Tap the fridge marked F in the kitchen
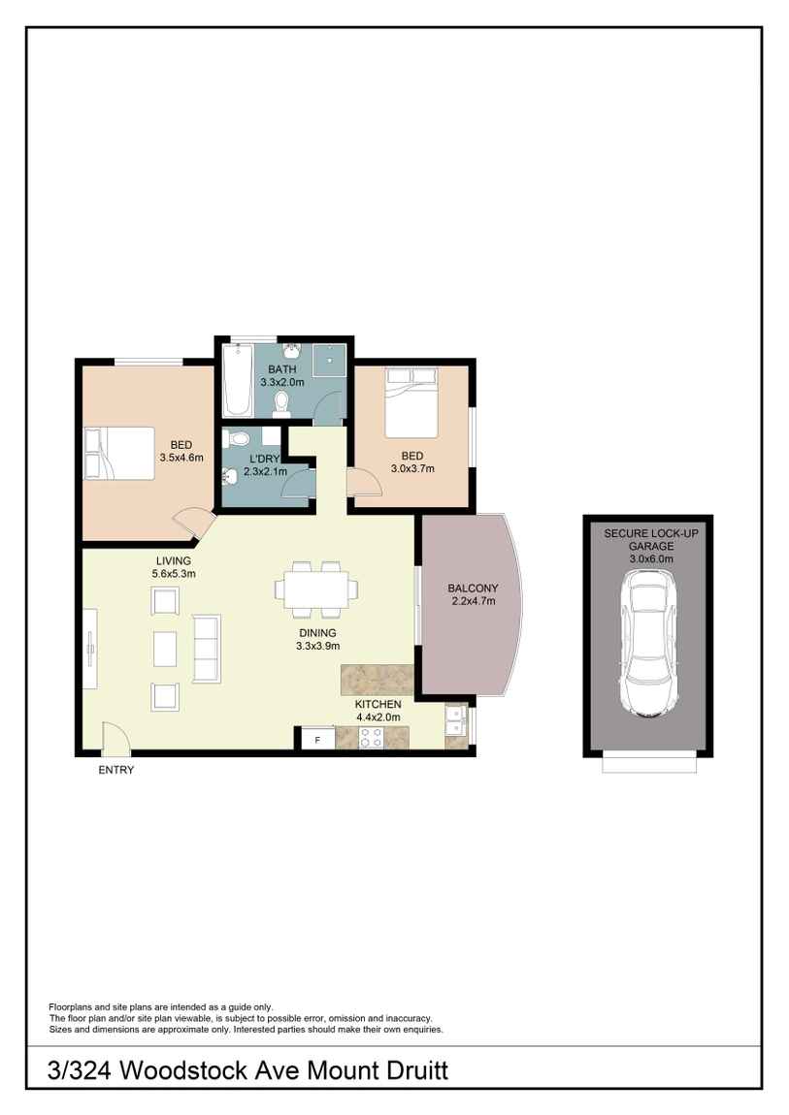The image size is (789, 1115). tap(315, 739)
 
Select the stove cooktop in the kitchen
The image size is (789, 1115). tap(371, 738)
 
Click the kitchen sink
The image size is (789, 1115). tap(455, 722)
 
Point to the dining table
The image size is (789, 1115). tap(316, 588)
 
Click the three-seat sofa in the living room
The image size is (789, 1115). tap(207, 647)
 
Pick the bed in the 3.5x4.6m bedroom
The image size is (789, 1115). tap(119, 453)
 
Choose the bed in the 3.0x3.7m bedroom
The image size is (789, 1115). tap(413, 402)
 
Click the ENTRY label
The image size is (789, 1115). tap(116, 771)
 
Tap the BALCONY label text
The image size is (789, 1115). tap(473, 588)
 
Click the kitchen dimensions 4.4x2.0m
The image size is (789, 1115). tap(377, 717)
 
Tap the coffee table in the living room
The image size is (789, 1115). tap(166, 648)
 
